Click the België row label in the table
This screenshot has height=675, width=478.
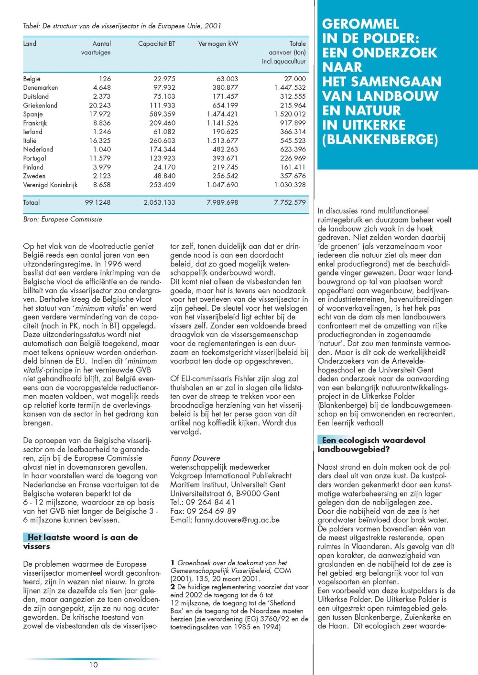click(x=32, y=79)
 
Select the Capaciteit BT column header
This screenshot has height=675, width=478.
click(x=156, y=44)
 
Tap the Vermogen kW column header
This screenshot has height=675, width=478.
click(x=218, y=44)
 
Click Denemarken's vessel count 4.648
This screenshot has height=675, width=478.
click(x=102, y=88)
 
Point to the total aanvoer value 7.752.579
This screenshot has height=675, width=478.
click(x=290, y=202)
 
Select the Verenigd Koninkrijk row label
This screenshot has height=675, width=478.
click(x=50, y=185)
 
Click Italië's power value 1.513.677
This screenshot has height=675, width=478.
click(x=222, y=141)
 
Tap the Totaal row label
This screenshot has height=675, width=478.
click(x=32, y=202)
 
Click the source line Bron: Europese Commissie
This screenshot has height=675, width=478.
click(x=63, y=220)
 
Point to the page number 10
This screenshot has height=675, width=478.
click(x=93, y=664)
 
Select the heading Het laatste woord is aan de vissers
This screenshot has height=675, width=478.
click(x=80, y=542)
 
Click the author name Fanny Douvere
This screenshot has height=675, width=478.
click(x=195, y=458)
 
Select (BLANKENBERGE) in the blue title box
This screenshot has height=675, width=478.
click(x=380, y=140)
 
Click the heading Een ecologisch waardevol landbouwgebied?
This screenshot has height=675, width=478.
click(x=371, y=444)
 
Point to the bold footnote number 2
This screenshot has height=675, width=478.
click(x=173, y=587)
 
